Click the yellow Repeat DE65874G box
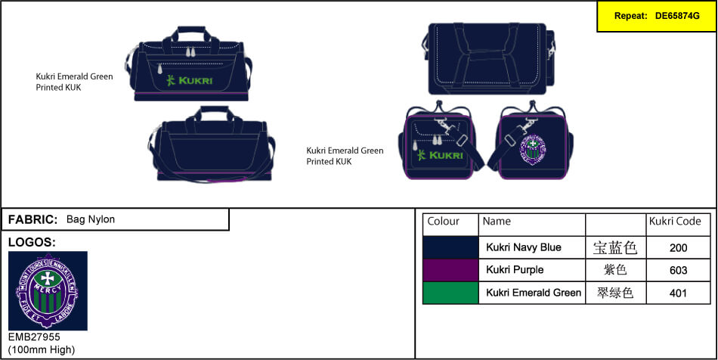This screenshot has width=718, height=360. (x=656, y=16)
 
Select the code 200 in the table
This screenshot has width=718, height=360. (x=678, y=247)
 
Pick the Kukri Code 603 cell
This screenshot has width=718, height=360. (x=678, y=270)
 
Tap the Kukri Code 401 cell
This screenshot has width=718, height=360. (x=678, y=293)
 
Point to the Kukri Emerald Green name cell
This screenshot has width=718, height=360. (x=533, y=293)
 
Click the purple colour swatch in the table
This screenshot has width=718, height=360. (x=450, y=270)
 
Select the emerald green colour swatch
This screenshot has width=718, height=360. (x=450, y=293)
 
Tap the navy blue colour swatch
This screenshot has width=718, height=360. (x=450, y=247)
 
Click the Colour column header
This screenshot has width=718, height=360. (x=444, y=222)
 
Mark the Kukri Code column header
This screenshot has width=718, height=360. (x=675, y=222)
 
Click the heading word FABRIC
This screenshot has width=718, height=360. (x=32, y=219)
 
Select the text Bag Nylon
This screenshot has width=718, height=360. (x=91, y=219)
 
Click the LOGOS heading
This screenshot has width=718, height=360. (x=32, y=242)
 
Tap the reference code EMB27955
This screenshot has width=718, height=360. (x=34, y=337)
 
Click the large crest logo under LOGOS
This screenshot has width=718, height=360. (x=47, y=290)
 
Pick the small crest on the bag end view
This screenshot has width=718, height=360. (x=533, y=150)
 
